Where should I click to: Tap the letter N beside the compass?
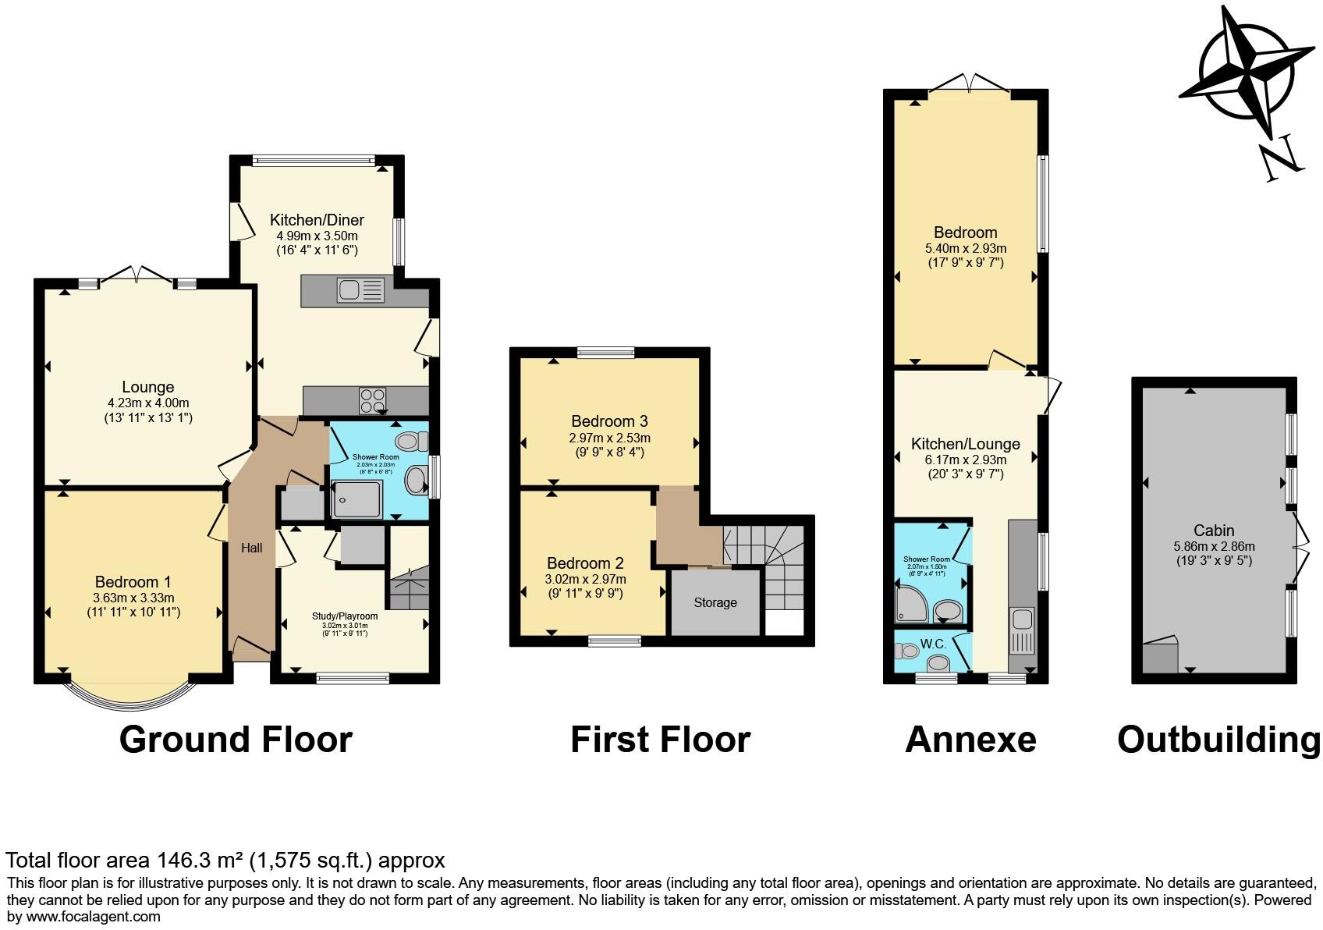(1280, 159)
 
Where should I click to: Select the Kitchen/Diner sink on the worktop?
(360, 290)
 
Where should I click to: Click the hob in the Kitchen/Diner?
(372, 401)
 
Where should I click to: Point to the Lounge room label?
(148, 387)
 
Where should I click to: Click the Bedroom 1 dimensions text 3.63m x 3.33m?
(133, 598)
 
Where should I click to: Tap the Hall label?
(251, 548)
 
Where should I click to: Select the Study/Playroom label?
(344, 616)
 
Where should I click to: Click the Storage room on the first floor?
(715, 602)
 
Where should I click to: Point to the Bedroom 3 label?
(609, 421)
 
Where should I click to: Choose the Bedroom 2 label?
(585, 563)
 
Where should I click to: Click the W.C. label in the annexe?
(933, 644)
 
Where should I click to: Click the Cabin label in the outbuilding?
(1214, 531)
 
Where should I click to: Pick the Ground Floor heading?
(236, 739)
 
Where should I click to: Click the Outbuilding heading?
(1218, 739)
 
